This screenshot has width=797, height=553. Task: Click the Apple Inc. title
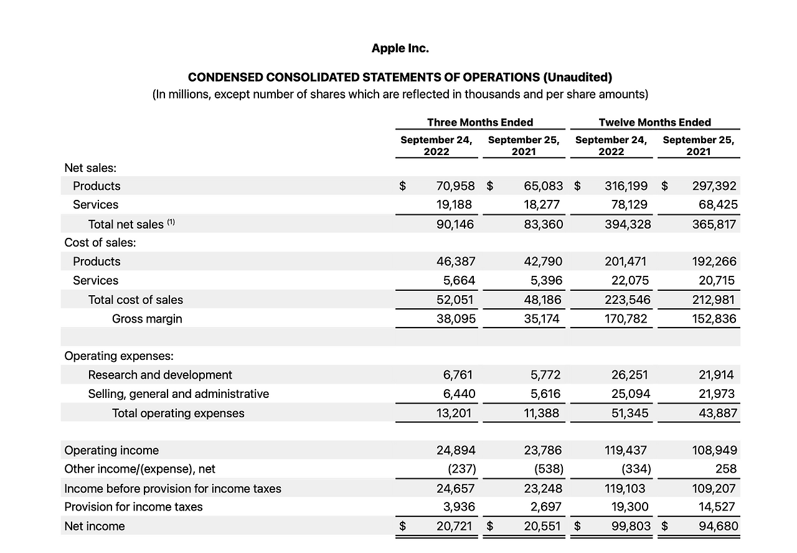pyautogui.click(x=400, y=48)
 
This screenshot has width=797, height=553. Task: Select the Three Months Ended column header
pyautogui.click(x=480, y=122)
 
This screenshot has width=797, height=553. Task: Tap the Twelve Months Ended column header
pyautogui.click(x=654, y=122)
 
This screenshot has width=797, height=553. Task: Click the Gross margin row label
pyautogui.click(x=147, y=319)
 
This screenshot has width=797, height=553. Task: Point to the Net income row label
pyautogui.click(x=95, y=526)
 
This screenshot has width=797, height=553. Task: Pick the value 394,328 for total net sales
pyautogui.click(x=628, y=224)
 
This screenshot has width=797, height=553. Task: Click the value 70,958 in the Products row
pyautogui.click(x=456, y=186)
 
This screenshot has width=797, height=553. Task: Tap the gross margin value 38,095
pyautogui.click(x=456, y=319)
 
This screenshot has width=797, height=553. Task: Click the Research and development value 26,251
pyautogui.click(x=630, y=375)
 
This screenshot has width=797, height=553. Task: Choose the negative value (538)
pyautogui.click(x=549, y=469)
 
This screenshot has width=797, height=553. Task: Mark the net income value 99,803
pyautogui.click(x=630, y=526)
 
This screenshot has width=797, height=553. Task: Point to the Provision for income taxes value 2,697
pyautogui.click(x=542, y=507)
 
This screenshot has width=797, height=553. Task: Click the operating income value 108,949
pyautogui.click(x=714, y=450)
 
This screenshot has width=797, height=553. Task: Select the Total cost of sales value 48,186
pyautogui.click(x=542, y=300)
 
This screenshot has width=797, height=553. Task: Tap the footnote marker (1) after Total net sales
pyautogui.click(x=171, y=222)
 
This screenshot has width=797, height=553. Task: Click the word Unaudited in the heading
pyautogui.click(x=577, y=77)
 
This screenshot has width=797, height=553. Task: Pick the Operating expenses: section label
pyautogui.click(x=119, y=356)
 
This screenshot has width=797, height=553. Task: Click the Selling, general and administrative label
pyautogui.click(x=179, y=394)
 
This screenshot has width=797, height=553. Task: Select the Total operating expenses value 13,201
pyautogui.click(x=454, y=413)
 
